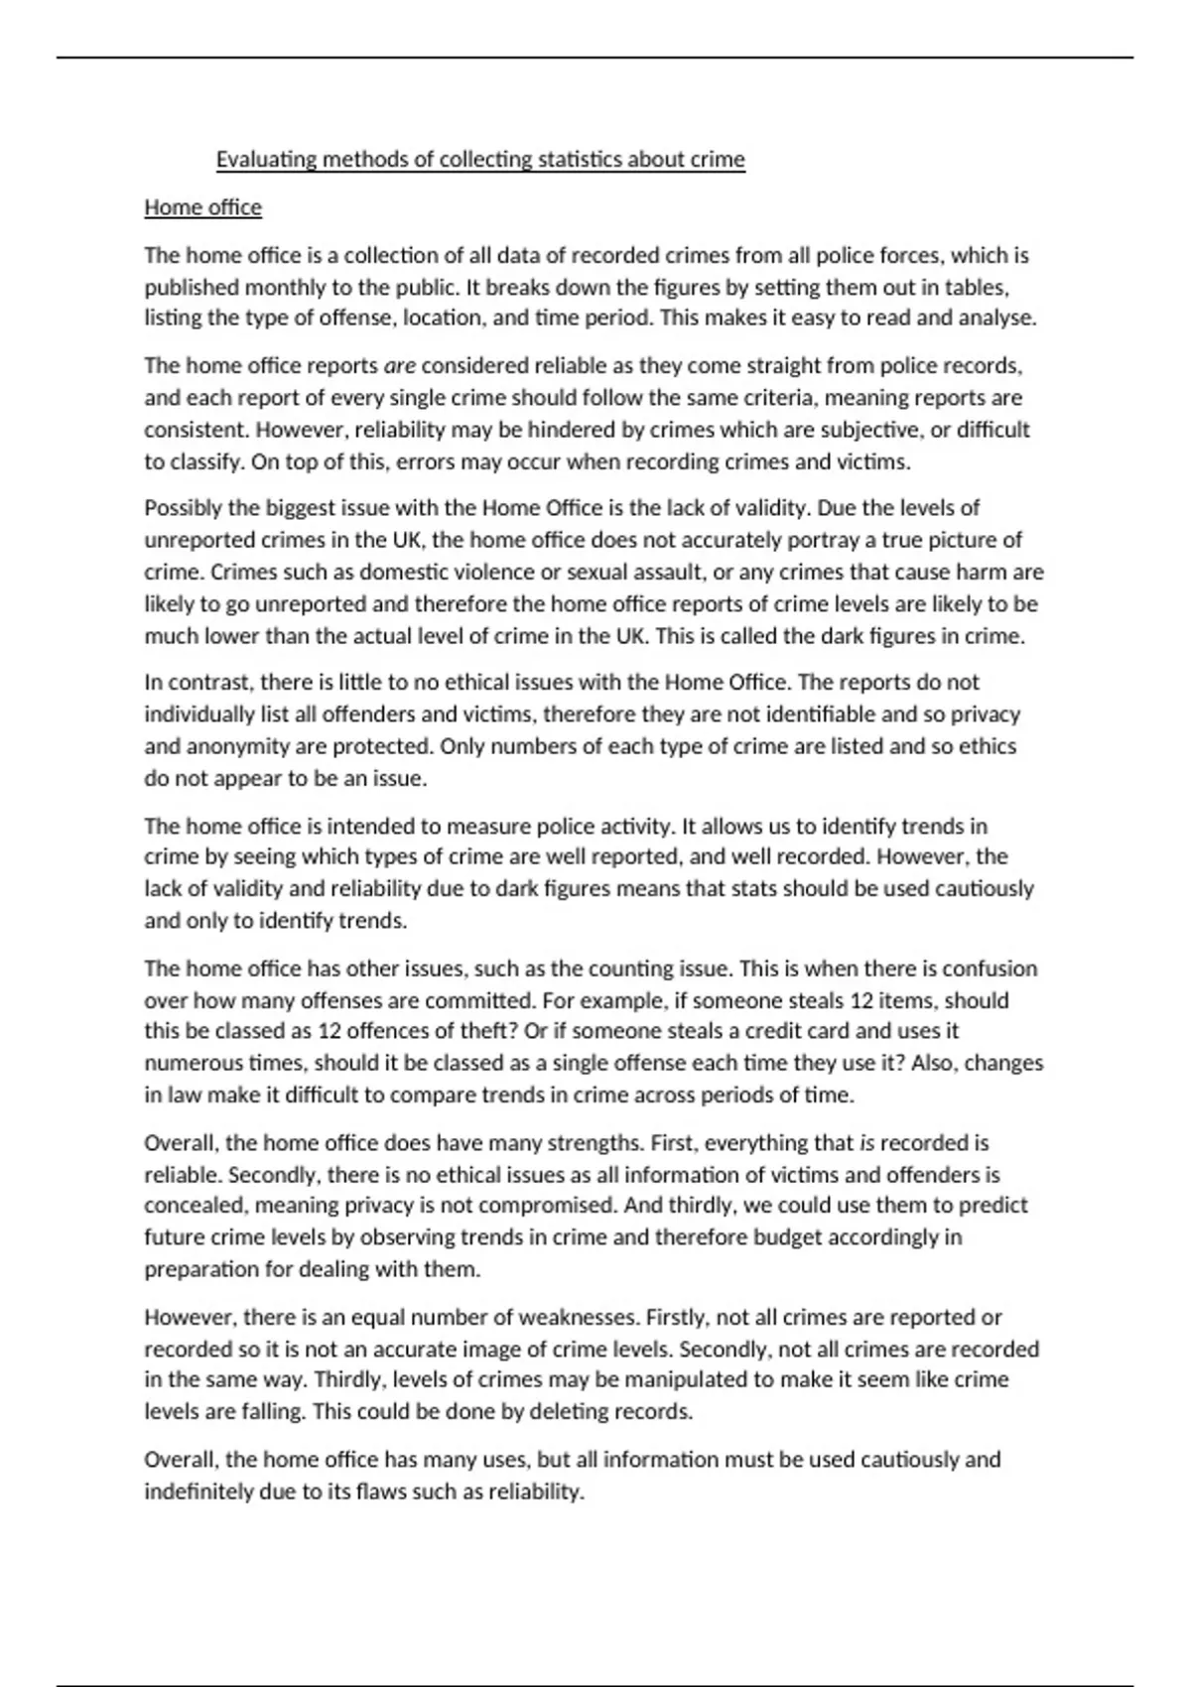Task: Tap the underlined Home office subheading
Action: coord(203,207)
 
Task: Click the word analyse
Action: coord(994,318)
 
